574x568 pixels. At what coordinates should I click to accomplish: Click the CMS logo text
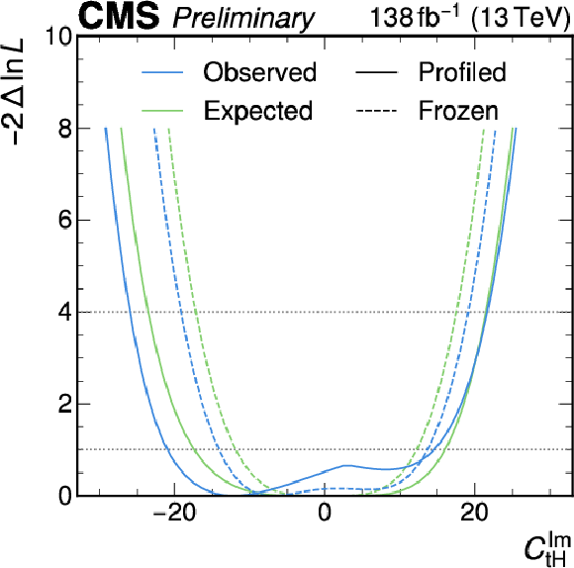point(119,16)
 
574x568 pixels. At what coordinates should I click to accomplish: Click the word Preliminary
point(243,18)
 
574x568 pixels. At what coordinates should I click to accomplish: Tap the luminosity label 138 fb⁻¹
point(414,16)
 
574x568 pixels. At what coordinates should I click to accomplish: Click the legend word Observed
point(260,72)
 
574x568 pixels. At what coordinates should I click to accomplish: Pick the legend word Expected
point(258,111)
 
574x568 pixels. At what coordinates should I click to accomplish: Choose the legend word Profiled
point(462,72)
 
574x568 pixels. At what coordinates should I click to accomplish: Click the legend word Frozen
point(458,110)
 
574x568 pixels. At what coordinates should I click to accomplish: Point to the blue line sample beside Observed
point(162,72)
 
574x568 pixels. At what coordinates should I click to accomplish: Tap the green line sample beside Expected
point(162,111)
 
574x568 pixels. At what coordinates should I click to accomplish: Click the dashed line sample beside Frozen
point(376,111)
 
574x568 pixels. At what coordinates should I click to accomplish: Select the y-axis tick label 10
point(58,37)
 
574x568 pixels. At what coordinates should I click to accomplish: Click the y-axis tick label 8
point(64,129)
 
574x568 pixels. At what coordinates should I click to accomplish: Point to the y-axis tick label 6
point(64,221)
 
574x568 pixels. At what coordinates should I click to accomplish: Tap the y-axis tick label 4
point(64,312)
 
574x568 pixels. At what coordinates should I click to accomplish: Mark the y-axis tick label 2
point(64,404)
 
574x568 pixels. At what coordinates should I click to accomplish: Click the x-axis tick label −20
point(174,514)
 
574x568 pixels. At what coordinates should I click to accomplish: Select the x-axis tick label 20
point(474,514)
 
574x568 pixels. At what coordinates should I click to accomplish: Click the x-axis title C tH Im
point(547,550)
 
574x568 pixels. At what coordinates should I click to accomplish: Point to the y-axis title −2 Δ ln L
point(16,91)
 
